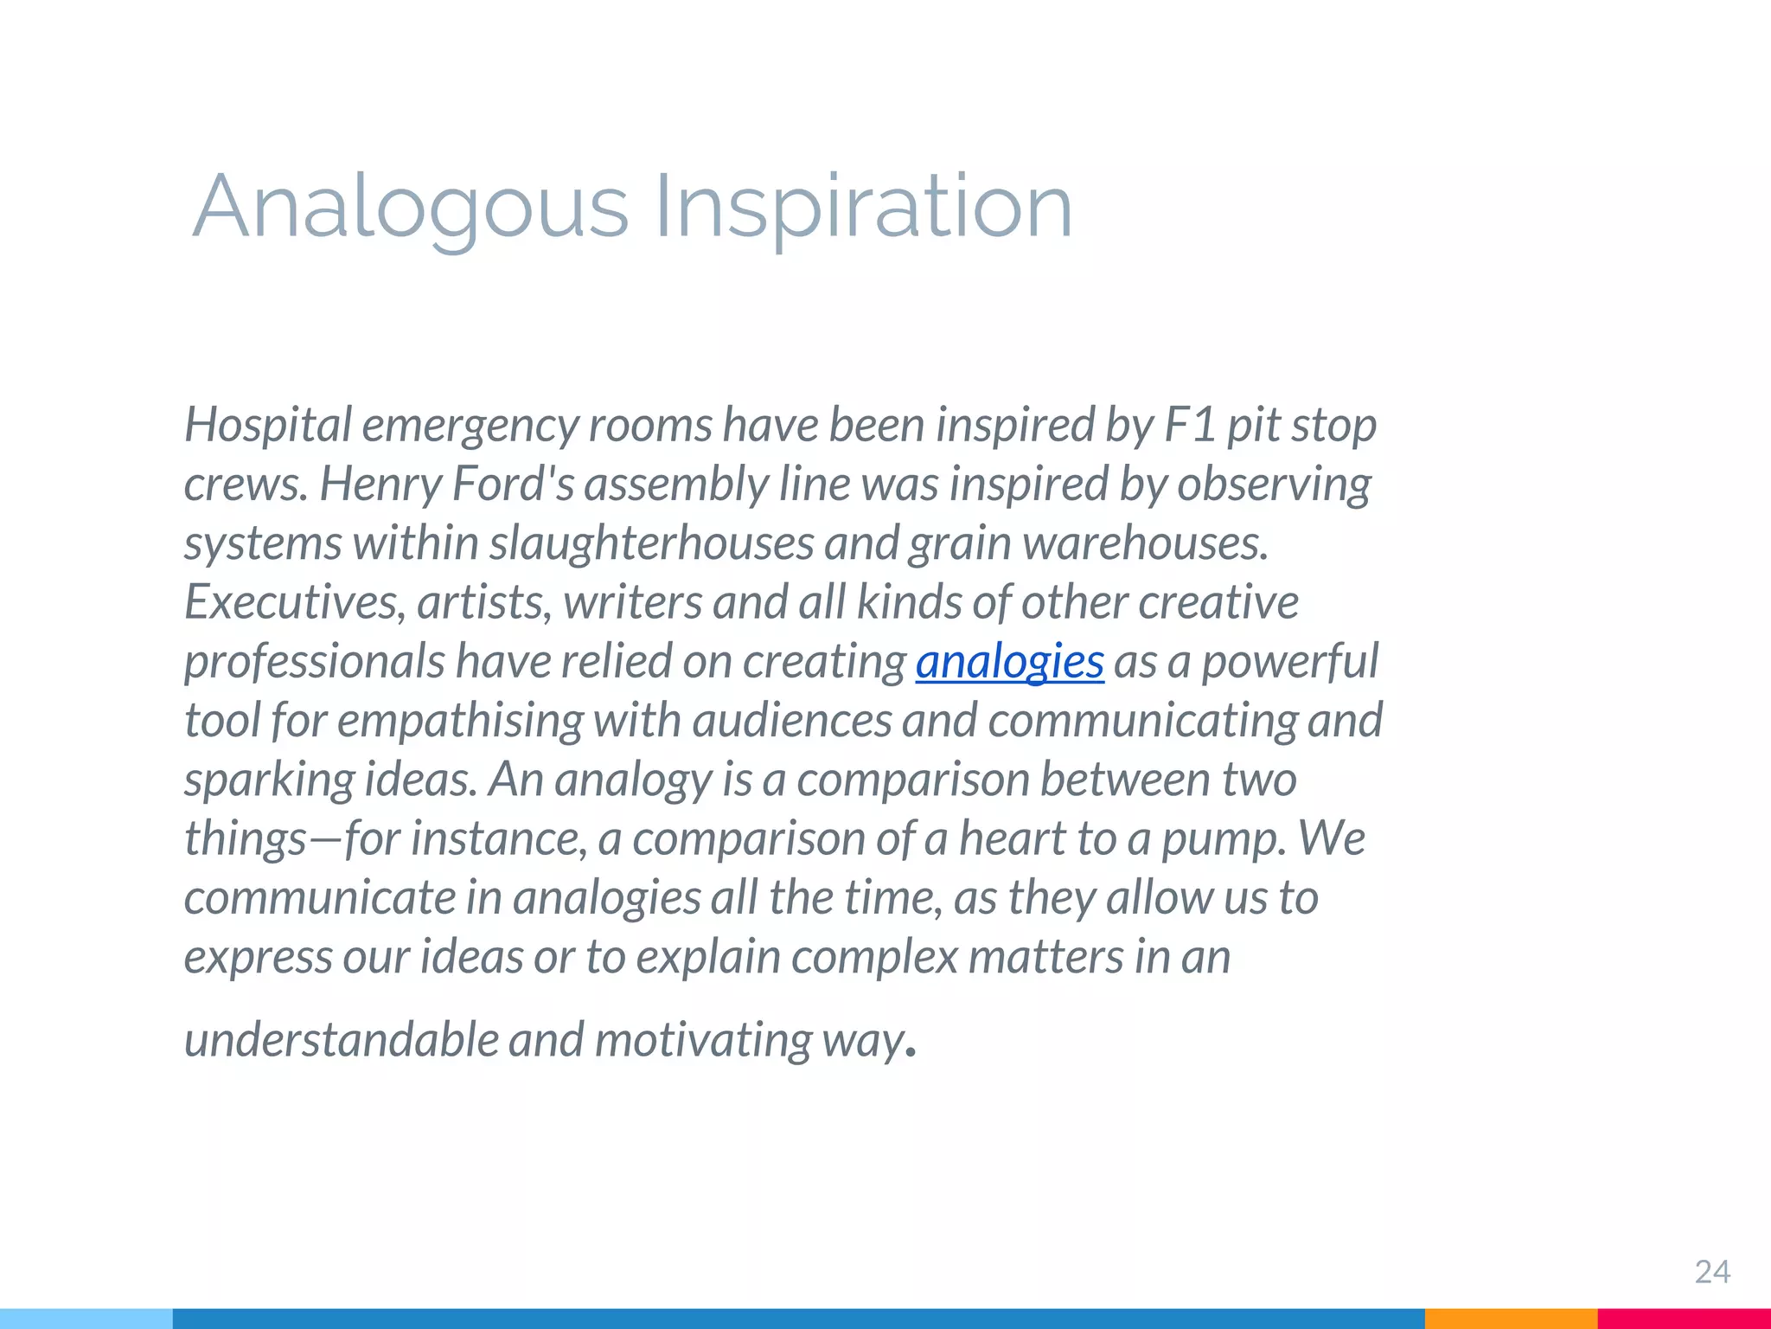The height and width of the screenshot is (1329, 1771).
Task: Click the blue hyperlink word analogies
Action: point(1009,662)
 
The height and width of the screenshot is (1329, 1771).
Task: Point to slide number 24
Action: point(1711,1272)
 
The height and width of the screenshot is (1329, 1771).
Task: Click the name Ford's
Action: point(513,484)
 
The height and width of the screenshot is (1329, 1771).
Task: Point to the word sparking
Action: point(269,780)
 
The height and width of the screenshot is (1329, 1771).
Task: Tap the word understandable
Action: point(341,1039)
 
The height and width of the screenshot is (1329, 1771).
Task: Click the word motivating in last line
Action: point(702,1039)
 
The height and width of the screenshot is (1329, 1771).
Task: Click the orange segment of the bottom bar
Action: point(1510,1319)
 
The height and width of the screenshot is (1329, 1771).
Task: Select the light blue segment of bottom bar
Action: point(86,1319)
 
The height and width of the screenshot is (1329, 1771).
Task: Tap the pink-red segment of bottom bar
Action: point(1683,1319)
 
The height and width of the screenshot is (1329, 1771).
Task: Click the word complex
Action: point(873,957)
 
